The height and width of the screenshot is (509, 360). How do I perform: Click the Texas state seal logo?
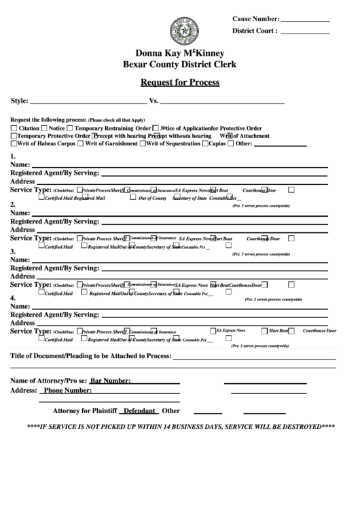pos(180,32)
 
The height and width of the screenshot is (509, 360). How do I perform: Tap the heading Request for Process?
pos(179,83)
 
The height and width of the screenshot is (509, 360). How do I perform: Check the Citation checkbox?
pos(14,128)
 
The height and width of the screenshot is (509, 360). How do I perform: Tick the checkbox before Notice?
pos(44,128)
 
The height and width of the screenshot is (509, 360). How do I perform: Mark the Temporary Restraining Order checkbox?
pos(69,128)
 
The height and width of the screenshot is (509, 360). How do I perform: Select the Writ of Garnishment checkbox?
pos(80,143)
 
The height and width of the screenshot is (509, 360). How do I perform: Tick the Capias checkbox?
pos(205,143)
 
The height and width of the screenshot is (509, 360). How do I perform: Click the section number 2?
pos(13,205)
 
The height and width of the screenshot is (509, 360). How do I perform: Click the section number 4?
pos(13,298)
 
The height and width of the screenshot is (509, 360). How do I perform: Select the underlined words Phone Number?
pos(67,391)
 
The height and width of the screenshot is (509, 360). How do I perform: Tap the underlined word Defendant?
pos(139,410)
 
